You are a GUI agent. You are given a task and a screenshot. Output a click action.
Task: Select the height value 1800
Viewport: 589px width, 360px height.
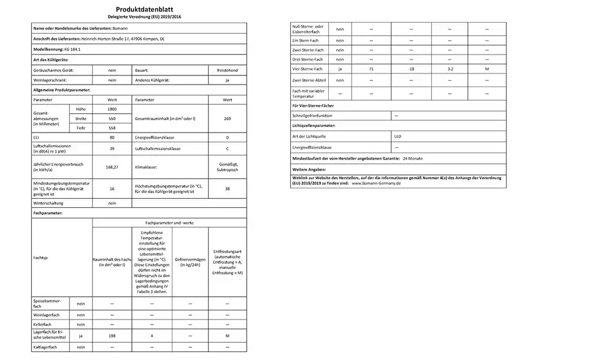coord(112,109)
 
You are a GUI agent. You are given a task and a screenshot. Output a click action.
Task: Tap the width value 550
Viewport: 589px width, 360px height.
coord(112,118)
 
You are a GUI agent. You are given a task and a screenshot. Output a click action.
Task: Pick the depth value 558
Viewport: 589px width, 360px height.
coord(112,128)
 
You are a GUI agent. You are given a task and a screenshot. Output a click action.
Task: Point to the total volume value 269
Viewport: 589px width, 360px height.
coord(227,118)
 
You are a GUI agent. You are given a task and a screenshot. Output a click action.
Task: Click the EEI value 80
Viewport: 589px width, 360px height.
coord(112,138)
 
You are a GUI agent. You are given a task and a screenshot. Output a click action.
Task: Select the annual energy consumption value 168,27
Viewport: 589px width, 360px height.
coord(112,166)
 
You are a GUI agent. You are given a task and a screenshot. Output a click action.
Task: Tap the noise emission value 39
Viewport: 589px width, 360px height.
coord(112,149)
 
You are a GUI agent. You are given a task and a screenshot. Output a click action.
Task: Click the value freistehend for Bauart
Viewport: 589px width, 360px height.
coord(227,71)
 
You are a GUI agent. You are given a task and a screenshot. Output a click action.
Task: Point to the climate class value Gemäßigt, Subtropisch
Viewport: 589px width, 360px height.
coord(227,167)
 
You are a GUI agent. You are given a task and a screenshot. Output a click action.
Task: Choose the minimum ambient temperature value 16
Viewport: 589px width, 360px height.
coord(112,188)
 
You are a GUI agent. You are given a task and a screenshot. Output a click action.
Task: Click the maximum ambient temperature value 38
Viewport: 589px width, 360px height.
coord(227,188)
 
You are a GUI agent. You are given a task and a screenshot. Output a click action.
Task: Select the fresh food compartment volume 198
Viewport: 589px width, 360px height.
coord(112,335)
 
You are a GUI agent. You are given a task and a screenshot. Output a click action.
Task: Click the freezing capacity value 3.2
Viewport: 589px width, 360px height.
coord(450,69)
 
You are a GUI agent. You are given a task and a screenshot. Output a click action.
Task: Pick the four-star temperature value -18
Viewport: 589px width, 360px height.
coord(411,69)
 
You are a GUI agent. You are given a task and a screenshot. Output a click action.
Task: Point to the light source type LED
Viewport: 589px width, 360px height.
coord(398,137)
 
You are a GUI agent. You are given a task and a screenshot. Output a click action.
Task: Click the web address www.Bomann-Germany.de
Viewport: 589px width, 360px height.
coord(375,183)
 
